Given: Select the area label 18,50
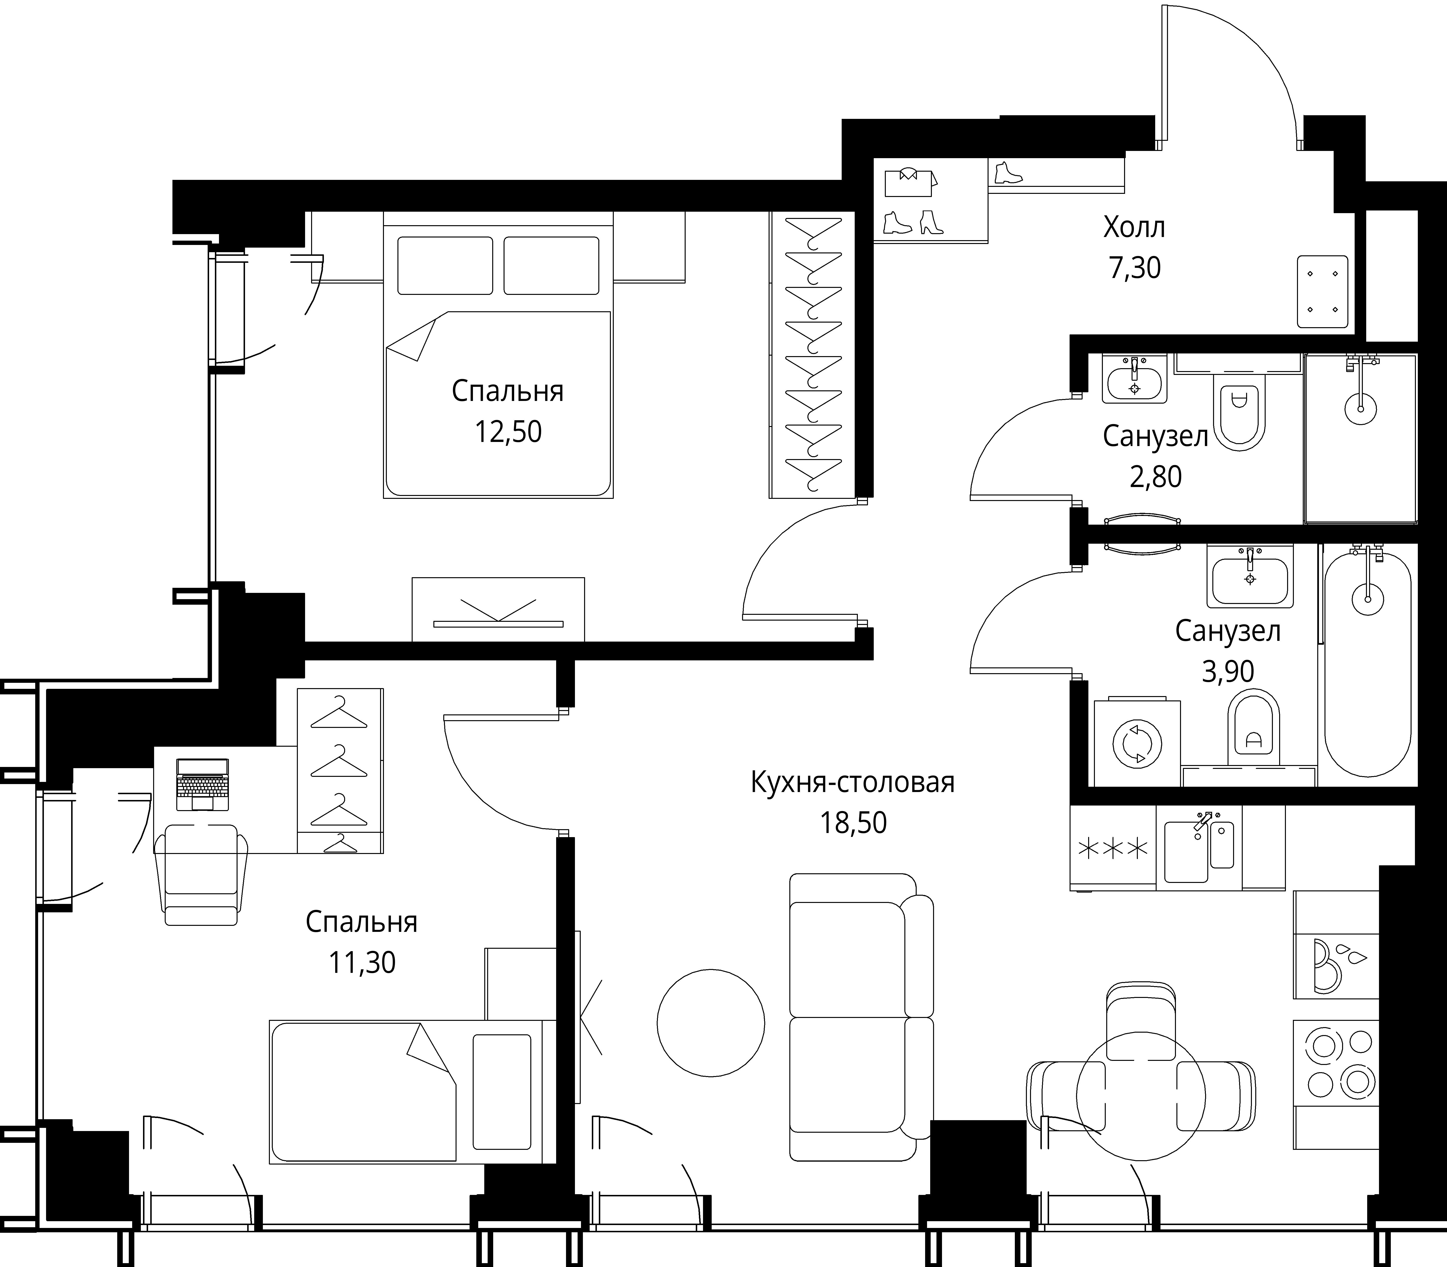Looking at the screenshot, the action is coord(853,823).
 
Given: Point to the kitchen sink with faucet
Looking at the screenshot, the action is coord(1199,848).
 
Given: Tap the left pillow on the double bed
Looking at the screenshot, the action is coord(445,265).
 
